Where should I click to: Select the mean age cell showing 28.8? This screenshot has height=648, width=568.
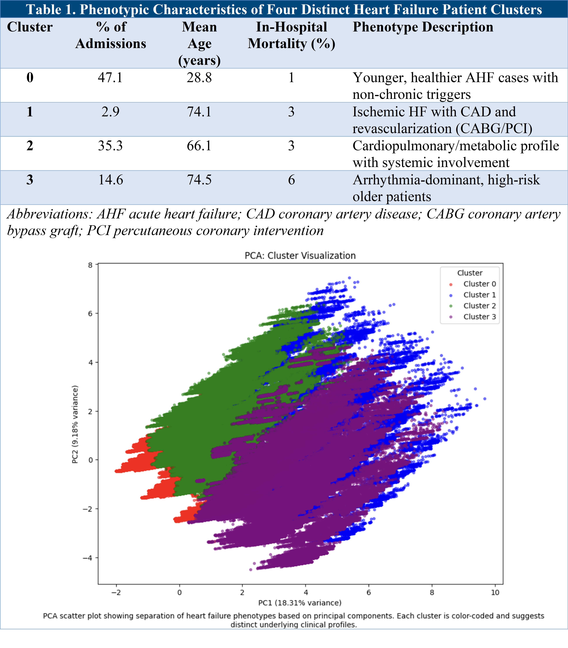point(199,78)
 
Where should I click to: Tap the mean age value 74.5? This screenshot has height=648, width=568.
point(199,180)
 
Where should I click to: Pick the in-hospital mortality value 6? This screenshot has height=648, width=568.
point(291,180)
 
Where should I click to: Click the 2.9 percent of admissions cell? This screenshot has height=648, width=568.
point(110,112)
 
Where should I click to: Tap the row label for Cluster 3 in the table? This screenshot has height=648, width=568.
point(30,180)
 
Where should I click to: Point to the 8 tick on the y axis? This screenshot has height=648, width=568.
point(91,265)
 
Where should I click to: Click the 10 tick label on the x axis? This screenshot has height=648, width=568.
point(495,593)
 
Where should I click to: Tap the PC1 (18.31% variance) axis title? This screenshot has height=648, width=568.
point(300,603)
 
